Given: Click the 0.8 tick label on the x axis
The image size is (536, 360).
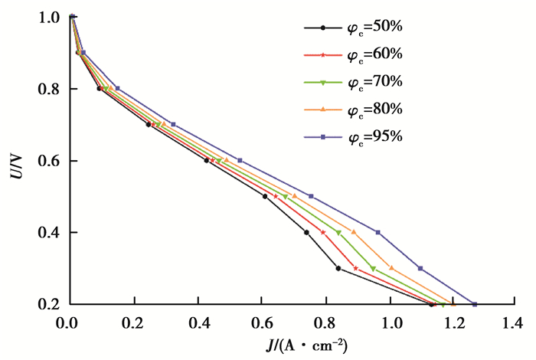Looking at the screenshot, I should (x=327, y=321).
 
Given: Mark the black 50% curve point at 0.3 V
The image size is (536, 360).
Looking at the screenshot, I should (x=338, y=268).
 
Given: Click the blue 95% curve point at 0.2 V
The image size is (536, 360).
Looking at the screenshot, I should (x=475, y=304).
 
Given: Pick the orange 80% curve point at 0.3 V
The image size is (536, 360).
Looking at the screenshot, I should (x=391, y=268).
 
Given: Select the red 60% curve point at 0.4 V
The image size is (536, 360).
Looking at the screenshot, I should (x=323, y=232).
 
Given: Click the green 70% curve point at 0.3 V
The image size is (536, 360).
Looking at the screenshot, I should (x=373, y=268).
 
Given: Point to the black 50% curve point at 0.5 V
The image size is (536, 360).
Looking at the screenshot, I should (x=265, y=196).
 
